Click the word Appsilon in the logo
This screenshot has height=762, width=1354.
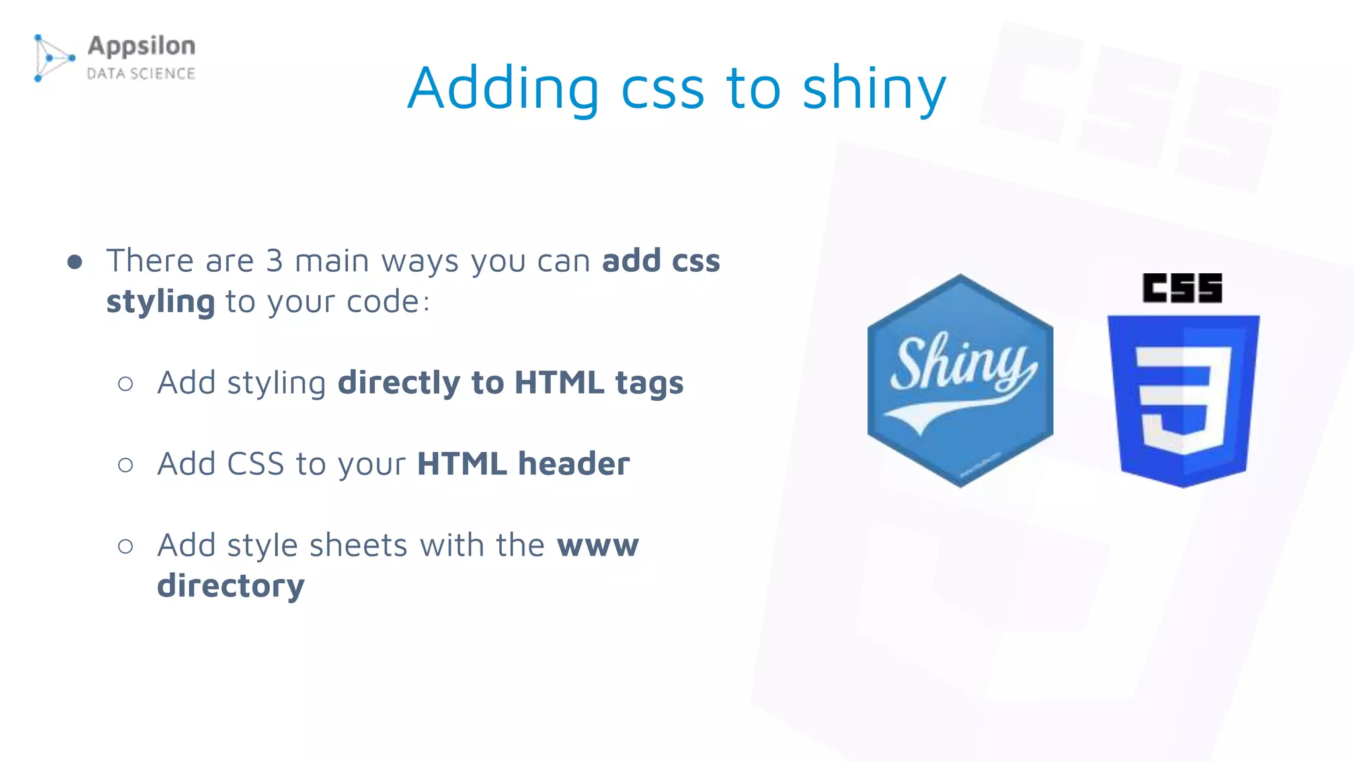141,46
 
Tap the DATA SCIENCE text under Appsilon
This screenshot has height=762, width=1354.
141,73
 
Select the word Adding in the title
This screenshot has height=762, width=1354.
503,89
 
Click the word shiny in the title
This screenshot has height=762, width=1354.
874,89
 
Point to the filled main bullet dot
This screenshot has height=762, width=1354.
75,262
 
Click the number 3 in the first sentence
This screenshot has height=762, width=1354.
274,261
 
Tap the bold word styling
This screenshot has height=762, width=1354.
161,302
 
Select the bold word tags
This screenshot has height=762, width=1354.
649,383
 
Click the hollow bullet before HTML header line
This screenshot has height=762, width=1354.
126,465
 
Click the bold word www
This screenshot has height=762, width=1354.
598,546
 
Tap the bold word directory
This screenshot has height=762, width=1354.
231,586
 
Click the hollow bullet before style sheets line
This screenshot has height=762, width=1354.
126,546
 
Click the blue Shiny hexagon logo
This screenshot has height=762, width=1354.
960,380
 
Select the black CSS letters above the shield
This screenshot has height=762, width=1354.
1182,288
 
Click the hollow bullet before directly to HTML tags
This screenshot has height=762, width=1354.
126,384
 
